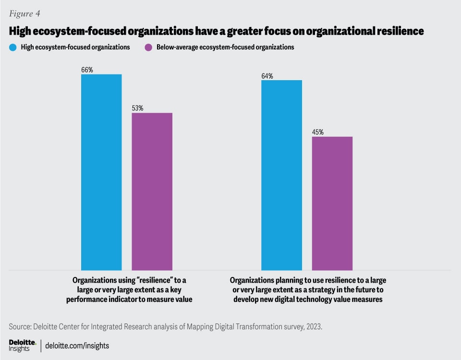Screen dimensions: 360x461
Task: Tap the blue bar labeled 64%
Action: click(x=281, y=175)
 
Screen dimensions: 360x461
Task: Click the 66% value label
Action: click(x=87, y=70)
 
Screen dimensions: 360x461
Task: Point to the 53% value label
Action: click(x=138, y=108)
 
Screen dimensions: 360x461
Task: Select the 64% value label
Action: click(x=267, y=76)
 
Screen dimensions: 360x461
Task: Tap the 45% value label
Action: click(x=318, y=132)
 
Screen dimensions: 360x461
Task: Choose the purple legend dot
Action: click(x=148, y=48)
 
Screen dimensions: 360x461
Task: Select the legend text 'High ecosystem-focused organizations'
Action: click(x=76, y=48)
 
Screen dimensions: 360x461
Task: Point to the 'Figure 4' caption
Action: click(x=24, y=13)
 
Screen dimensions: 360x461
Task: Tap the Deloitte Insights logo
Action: click(x=22, y=345)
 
